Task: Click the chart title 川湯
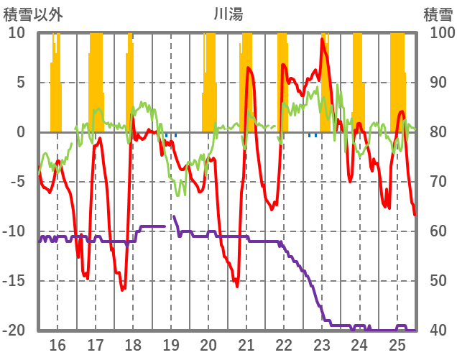pyautogui.click(x=228, y=14)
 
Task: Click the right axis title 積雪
pyautogui.click(x=438, y=14)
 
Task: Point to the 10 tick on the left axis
pyautogui.click(x=17, y=33)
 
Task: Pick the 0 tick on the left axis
pyautogui.click(x=21, y=132)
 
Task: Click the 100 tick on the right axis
pyautogui.click(x=440, y=33)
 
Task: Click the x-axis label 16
pyautogui.click(x=57, y=345)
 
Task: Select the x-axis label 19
pyautogui.click(x=171, y=345)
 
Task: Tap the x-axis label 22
pyautogui.click(x=284, y=345)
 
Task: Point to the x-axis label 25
pyautogui.click(x=397, y=345)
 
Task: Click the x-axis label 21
pyautogui.click(x=246, y=345)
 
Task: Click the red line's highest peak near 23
pyautogui.click(x=322, y=39)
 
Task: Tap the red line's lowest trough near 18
pyautogui.click(x=122, y=290)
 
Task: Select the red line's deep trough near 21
pyautogui.click(x=237, y=286)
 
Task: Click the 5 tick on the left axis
pyautogui.click(x=21, y=83)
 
